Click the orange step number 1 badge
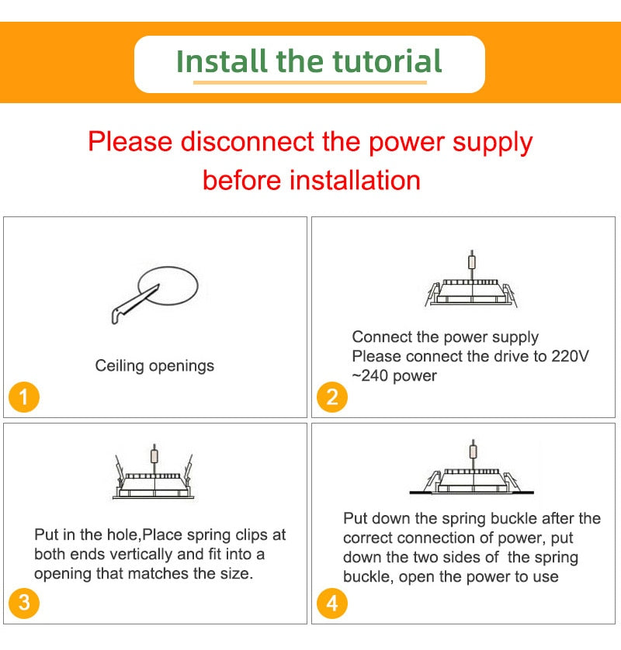pos(24,398)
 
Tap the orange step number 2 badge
pos(332,398)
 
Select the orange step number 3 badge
pos(24,603)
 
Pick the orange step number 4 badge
pos(332,603)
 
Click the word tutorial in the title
pos(387,61)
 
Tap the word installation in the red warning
pos(355,180)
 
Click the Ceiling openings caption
pos(154,365)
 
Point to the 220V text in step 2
pos(571,357)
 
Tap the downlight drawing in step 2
pos(470,291)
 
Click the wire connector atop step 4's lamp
pos(472,450)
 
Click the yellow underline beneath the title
pos(310,81)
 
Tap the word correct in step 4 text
pos(369,538)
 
